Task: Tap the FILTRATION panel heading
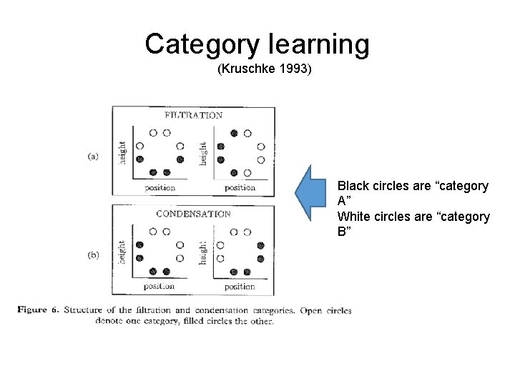coord(193,115)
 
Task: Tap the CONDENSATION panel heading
coord(193,214)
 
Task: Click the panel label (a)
coord(94,157)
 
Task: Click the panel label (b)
coord(94,255)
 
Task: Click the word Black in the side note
coord(354,186)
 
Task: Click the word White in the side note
coord(354,217)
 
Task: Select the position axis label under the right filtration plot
coord(240,188)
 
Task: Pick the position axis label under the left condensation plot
coord(159,287)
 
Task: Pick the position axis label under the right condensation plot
coord(240,287)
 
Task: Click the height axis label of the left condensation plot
coord(123,252)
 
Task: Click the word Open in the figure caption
coord(312,310)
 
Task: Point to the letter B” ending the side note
coord(344,232)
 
